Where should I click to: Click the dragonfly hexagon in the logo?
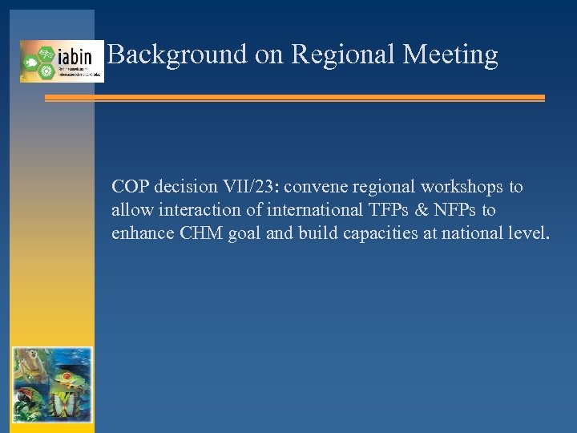pos(46,53)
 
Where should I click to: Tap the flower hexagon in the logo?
pos(46,71)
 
